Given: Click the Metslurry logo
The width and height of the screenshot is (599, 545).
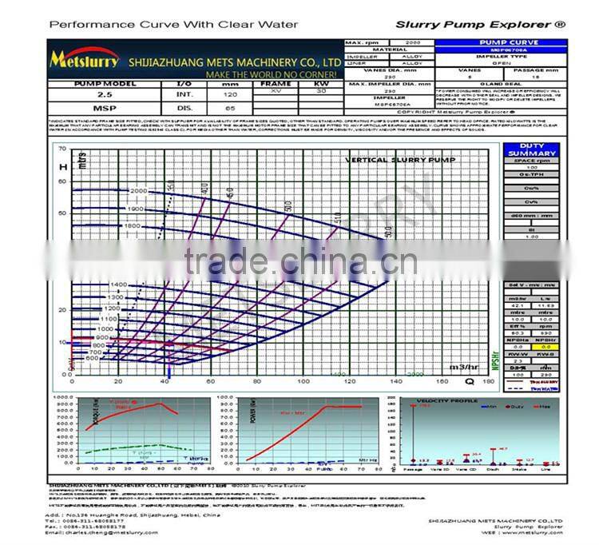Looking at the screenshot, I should pos(85,60).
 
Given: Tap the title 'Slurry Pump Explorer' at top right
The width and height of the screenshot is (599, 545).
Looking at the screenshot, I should pos(480,25).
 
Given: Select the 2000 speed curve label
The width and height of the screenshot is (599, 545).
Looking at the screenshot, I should pos(139,192).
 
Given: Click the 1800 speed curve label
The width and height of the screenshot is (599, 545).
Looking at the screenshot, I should pos(133,226).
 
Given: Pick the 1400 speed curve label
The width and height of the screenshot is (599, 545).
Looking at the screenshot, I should pos(119,285).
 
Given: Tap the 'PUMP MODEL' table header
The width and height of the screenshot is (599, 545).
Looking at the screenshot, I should pos(105,83).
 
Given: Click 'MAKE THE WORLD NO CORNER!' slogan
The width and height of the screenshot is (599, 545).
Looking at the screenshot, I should pos(273,74).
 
